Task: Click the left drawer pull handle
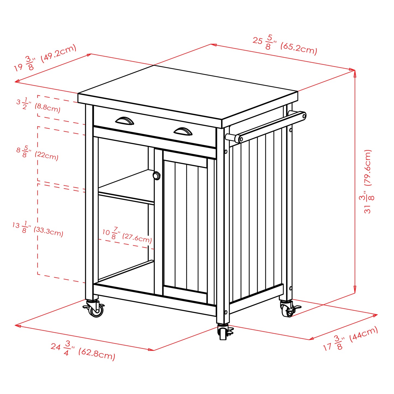125,121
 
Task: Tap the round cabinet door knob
157,176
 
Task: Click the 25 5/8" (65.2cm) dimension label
285,44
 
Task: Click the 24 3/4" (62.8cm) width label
83,350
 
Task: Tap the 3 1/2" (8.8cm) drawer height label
38,105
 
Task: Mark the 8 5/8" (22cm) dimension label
37,153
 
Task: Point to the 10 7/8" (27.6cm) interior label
127,235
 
